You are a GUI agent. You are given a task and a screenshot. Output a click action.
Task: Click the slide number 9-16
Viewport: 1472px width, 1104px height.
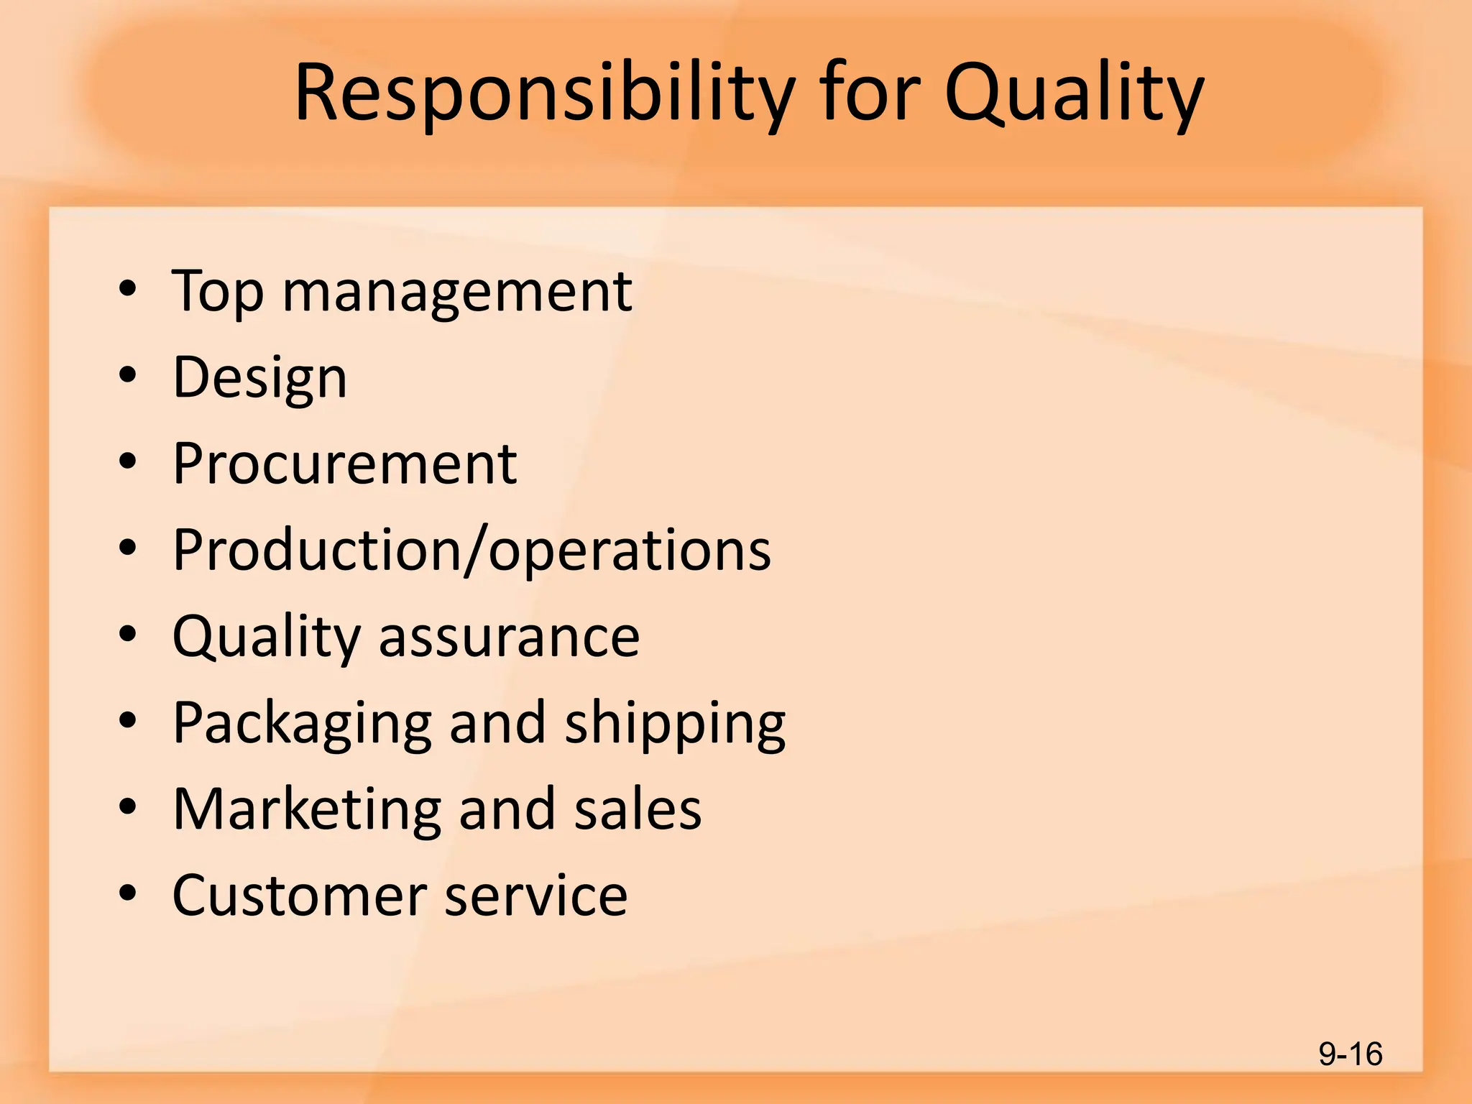pos(1350,1054)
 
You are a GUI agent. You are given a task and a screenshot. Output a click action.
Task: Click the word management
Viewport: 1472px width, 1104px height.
pos(457,292)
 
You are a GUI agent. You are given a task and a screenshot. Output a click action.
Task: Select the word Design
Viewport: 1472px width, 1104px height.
pos(259,378)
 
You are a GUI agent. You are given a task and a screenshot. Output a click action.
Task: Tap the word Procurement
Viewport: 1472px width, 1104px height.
pos(345,464)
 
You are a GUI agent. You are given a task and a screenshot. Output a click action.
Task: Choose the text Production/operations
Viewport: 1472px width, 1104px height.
pos(471,551)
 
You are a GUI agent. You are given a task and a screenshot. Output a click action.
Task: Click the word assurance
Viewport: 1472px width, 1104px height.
pos(509,637)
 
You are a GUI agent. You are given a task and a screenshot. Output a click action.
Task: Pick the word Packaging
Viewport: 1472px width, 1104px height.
pos(303,723)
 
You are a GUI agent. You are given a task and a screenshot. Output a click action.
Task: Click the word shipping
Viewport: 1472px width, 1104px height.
pos(675,723)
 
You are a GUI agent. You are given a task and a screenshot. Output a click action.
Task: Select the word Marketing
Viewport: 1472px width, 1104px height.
pos(307,809)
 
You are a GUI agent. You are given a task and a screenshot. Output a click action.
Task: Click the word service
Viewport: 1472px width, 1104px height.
pos(536,896)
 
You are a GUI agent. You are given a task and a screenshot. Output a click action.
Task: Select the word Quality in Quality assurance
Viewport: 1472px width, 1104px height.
pos(267,637)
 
